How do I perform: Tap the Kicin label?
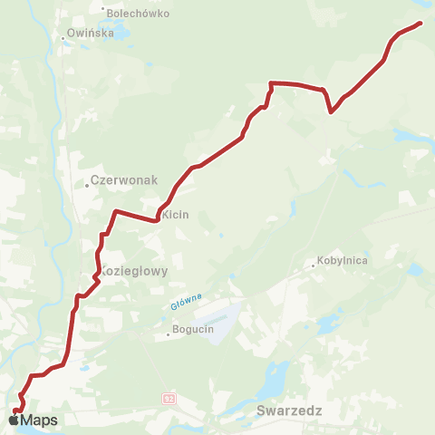tap(176, 215)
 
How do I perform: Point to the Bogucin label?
tap(192, 329)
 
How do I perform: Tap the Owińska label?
tap(90, 34)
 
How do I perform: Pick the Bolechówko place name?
tap(132, 14)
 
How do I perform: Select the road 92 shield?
tap(169, 397)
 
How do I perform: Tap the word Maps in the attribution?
tap(39, 420)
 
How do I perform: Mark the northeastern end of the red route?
tap(421, 24)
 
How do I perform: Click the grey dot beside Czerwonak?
tap(87, 184)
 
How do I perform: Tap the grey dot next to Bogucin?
tap(168, 334)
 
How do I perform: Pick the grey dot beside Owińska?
tap(63, 37)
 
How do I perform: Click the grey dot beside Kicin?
tap(160, 216)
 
